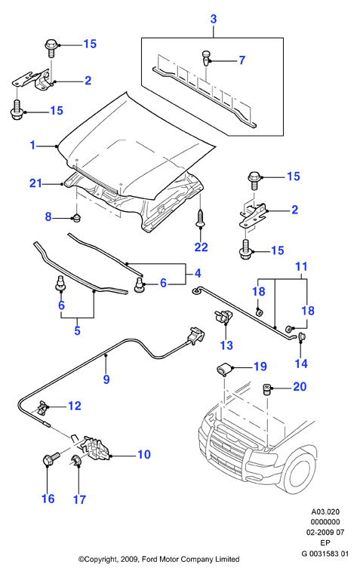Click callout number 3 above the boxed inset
[x=214, y=19]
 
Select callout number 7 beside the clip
[x=242, y=60]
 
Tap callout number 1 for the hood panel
[x=33, y=146]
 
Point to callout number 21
[x=36, y=183]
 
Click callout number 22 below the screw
[x=201, y=247]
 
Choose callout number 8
[x=48, y=216]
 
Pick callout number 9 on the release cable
[x=106, y=379]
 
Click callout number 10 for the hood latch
[x=144, y=454]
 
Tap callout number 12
[x=75, y=406]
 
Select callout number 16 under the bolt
[x=48, y=499]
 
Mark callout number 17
[x=79, y=499]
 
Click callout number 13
[x=226, y=345]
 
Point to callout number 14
[x=301, y=364]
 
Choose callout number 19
[x=260, y=367]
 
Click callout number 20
[x=300, y=387]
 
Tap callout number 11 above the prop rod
[x=301, y=266]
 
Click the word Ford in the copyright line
[x=149, y=559]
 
